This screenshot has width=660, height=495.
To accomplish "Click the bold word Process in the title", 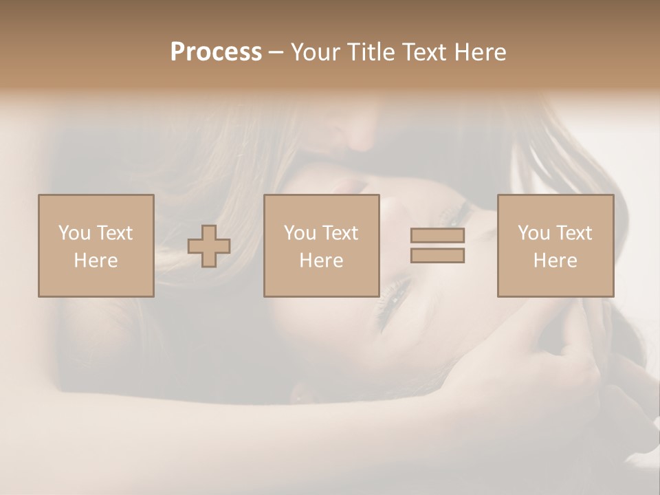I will [216, 52].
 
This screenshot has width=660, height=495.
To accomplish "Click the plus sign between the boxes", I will [209, 246].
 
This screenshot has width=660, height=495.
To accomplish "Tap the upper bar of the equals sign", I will [437, 236].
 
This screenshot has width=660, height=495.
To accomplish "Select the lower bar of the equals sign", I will [437, 256].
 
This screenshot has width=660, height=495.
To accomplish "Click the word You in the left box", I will [74, 233].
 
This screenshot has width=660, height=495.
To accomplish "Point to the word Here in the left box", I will [96, 261].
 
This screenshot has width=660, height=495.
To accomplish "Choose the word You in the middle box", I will [300, 233].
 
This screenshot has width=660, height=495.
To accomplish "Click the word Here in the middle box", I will [321, 261].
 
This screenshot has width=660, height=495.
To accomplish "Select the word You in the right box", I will [533, 233].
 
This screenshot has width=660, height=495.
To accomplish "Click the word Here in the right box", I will [555, 261].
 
